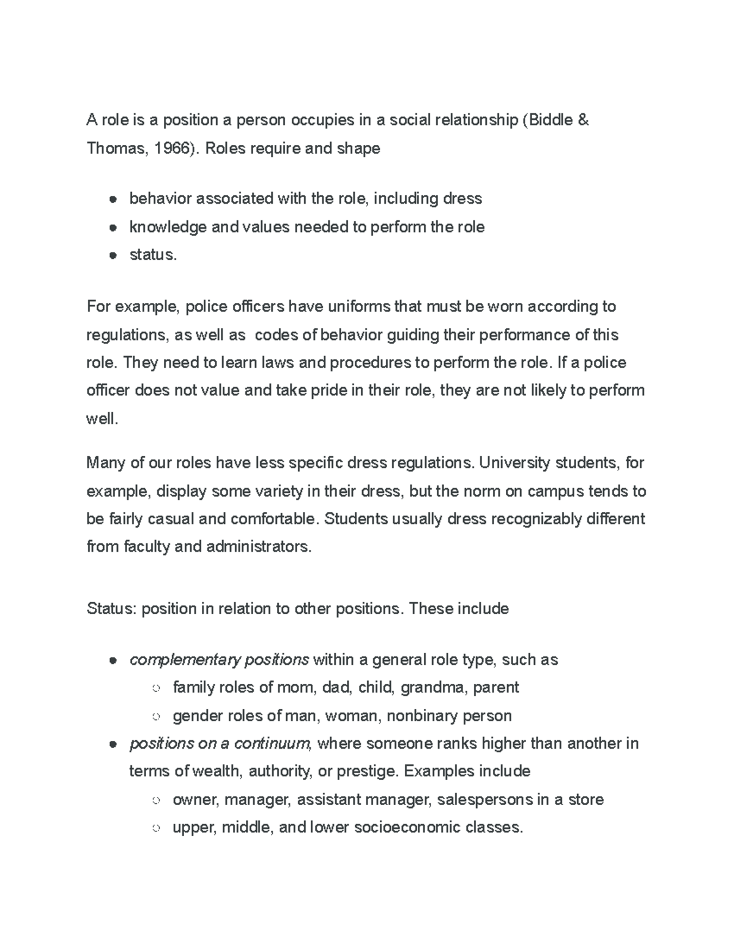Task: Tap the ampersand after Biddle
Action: click(584, 120)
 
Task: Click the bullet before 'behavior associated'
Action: click(113, 199)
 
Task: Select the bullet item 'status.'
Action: click(153, 255)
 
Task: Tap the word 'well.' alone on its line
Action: click(102, 419)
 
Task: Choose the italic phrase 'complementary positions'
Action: click(219, 660)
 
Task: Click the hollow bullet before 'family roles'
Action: click(156, 689)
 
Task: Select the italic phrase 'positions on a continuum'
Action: click(220, 744)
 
